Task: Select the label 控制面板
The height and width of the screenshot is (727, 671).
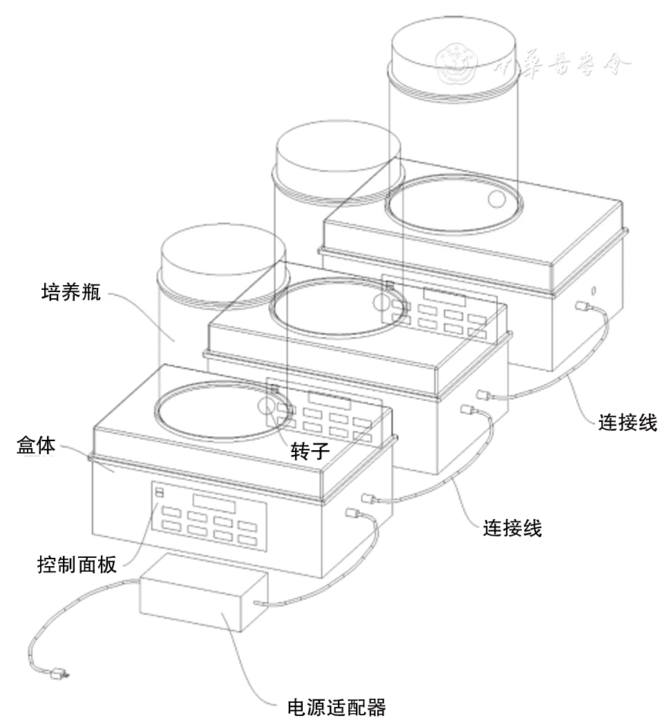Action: coord(77,566)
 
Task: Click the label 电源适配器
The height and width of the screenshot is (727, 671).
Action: coord(336,708)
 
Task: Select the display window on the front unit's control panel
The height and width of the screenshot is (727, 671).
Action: coord(214,503)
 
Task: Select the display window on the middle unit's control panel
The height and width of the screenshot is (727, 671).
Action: coord(330,400)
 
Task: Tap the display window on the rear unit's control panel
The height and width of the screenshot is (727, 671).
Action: coord(444,295)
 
